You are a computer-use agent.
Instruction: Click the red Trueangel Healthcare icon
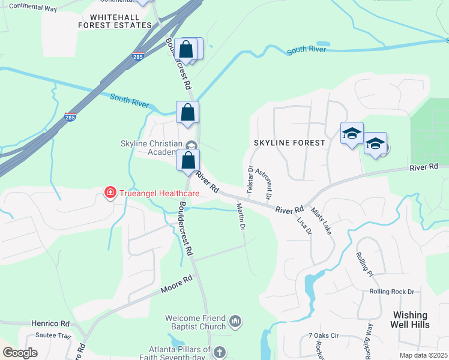pos(110,193)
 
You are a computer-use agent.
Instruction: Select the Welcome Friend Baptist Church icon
pos(235,322)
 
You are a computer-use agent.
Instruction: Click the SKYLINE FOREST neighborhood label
pos(289,143)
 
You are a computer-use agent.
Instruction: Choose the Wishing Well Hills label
pos(411,319)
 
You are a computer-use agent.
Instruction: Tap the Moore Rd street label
pos(176,285)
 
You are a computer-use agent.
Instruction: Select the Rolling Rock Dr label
pos(392,292)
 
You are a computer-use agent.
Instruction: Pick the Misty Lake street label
pos(321,220)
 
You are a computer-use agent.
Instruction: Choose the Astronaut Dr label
pos(264,184)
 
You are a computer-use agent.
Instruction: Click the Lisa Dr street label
pos(304,225)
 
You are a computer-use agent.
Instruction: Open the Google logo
pos(20,353)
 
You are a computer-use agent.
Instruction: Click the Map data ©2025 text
pos(423,355)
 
